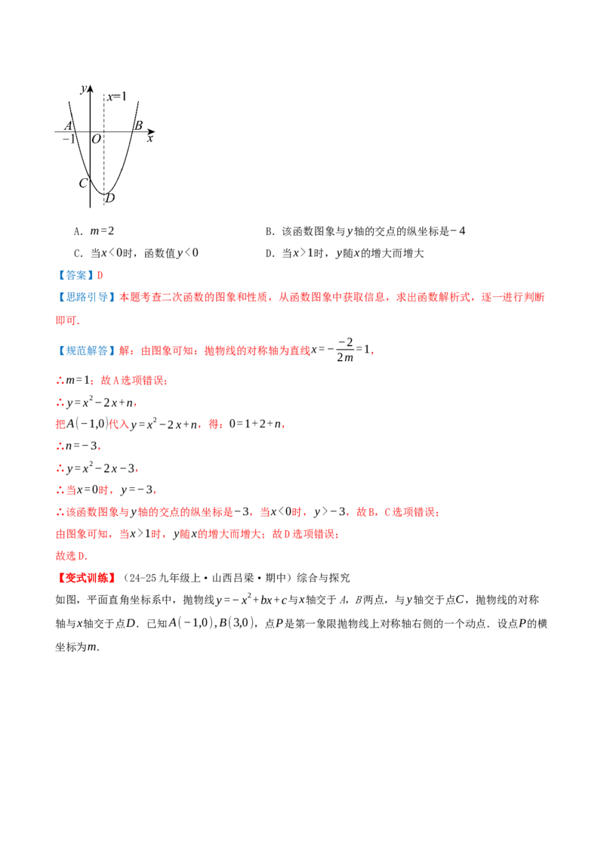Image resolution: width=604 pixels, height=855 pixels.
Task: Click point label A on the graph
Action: (x=69, y=125)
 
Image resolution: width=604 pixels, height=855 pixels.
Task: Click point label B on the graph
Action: (x=138, y=125)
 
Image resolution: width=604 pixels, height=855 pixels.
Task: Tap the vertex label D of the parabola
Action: (x=110, y=199)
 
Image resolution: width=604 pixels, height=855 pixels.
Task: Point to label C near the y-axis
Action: (x=83, y=184)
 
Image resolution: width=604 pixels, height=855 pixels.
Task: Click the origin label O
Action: (x=97, y=139)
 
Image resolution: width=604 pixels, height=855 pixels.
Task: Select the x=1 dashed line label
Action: (x=117, y=97)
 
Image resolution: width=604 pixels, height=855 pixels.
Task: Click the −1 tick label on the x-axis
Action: (x=68, y=139)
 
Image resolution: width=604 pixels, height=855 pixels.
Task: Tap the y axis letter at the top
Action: (x=83, y=89)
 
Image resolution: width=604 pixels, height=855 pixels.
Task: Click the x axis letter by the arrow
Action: (x=150, y=139)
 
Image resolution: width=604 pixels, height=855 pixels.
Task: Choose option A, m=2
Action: (x=94, y=231)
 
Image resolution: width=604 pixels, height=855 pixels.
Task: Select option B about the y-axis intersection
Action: (x=365, y=231)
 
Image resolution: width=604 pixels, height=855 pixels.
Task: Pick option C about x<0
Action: (x=136, y=253)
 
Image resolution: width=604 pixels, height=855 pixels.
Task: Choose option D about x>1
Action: (x=344, y=253)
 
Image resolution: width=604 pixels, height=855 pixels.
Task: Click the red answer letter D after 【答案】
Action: (x=100, y=276)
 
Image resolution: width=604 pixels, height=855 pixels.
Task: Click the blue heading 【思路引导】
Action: (x=86, y=297)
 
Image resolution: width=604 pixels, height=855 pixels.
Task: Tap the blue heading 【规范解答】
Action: (x=86, y=350)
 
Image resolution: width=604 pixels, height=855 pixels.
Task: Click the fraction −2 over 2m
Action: (x=344, y=350)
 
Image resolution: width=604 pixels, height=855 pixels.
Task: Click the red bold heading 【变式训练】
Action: (x=86, y=578)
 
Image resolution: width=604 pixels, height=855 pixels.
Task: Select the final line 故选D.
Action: (x=72, y=556)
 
